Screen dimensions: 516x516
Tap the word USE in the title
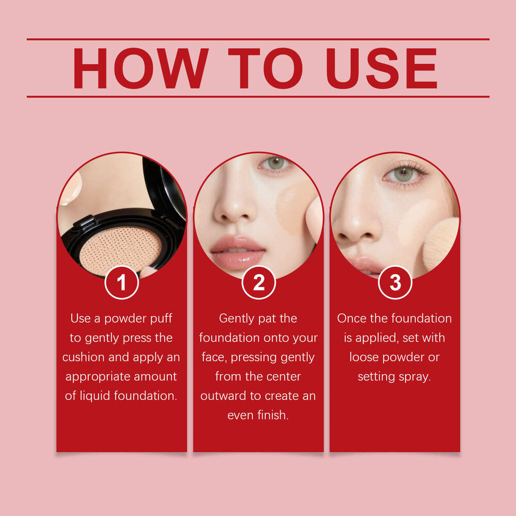tap(382, 68)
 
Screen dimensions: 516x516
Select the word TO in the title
tap(265, 68)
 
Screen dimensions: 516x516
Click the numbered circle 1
tap(121, 282)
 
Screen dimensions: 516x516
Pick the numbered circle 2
tap(259, 282)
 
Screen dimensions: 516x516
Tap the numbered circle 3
tap(395, 282)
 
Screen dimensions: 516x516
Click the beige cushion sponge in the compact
tap(120, 251)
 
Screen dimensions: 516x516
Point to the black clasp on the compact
tap(85, 223)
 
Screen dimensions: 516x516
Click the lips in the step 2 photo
tap(238, 252)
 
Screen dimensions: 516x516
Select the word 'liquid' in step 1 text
tap(95, 396)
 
